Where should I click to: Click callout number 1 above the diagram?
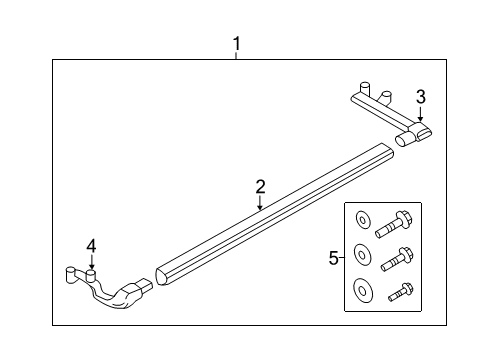(236, 43)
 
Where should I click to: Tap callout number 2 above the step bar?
(260, 186)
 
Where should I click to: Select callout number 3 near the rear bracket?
(421, 97)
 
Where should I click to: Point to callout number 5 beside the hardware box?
(334, 257)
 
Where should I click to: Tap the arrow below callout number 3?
(421, 116)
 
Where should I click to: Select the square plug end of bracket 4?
(144, 290)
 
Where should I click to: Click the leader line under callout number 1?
(236, 56)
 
